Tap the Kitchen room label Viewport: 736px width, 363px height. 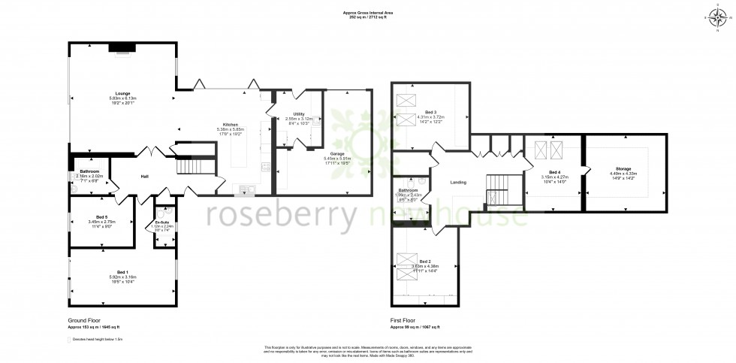click(230, 125)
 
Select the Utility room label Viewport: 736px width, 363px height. click(299, 113)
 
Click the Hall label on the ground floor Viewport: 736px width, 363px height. click(145, 177)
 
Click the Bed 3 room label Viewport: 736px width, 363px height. click(430, 112)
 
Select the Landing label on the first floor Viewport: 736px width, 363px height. click(459, 182)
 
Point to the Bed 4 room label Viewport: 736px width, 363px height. click(554, 172)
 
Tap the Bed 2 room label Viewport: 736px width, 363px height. click(425, 261)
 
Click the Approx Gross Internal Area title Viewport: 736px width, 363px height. click(367, 14)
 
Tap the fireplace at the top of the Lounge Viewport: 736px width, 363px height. click(122, 48)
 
